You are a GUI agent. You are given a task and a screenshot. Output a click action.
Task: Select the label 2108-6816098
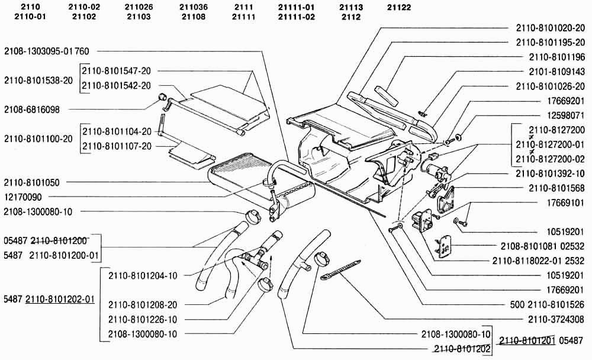click(x=36, y=110)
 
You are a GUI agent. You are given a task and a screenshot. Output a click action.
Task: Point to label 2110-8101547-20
click(x=117, y=70)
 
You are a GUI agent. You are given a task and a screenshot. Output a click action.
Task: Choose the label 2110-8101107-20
click(x=117, y=146)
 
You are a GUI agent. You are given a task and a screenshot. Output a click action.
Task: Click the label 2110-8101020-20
click(x=550, y=27)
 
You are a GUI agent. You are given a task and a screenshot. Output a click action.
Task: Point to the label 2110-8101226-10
click(x=143, y=320)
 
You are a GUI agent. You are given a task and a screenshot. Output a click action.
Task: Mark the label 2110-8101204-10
click(x=143, y=275)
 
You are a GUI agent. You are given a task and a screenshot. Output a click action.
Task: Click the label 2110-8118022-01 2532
click(x=538, y=261)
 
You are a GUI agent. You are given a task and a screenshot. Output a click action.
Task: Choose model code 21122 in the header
click(x=399, y=7)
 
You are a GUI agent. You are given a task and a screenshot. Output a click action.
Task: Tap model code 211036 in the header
click(x=193, y=7)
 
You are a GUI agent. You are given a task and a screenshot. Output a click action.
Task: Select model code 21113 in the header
click(x=351, y=7)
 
